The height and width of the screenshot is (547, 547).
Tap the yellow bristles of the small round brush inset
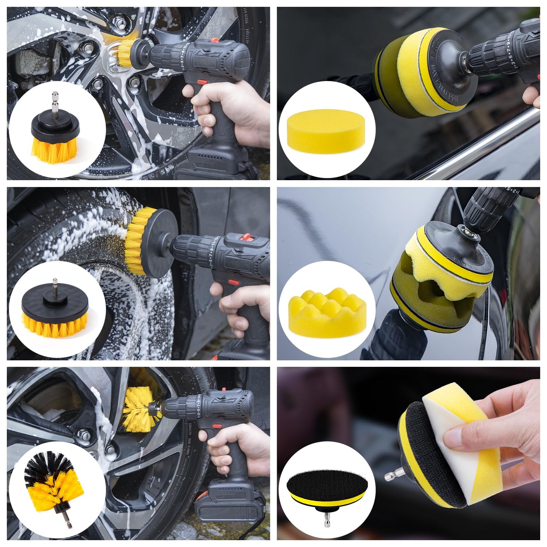pyautogui.click(x=55, y=146)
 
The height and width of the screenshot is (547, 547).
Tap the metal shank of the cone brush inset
pyautogui.click(x=67, y=522)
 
